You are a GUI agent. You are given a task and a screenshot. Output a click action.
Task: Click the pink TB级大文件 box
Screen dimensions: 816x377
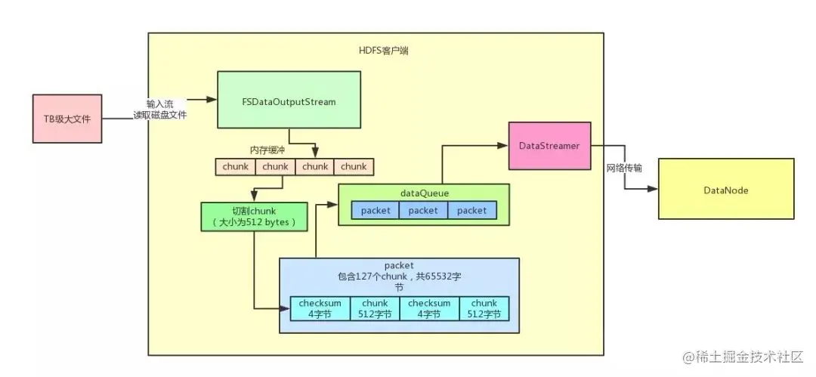tap(67, 119)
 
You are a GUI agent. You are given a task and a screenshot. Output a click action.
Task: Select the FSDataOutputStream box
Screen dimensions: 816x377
tap(289, 100)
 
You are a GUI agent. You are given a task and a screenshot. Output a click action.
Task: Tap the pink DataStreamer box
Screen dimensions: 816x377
tap(549, 146)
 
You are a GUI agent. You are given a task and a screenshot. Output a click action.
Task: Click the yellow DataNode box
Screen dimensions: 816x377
tap(726, 189)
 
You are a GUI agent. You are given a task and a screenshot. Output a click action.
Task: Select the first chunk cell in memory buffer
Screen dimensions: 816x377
tap(236, 167)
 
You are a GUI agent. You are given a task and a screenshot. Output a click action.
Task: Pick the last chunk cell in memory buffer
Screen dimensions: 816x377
tap(354, 167)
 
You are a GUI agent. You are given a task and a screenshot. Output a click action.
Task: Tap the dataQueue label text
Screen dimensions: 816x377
tap(425, 193)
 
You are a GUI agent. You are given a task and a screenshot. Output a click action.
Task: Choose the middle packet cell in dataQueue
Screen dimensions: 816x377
tap(423, 210)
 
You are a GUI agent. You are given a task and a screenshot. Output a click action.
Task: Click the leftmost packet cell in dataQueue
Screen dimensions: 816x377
tap(376, 210)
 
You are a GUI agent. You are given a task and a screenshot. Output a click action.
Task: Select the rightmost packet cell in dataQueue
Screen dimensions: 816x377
tap(472, 210)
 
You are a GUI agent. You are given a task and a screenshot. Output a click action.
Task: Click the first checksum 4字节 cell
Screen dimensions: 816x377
tap(320, 308)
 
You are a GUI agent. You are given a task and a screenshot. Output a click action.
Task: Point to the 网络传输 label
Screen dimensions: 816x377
tap(625, 168)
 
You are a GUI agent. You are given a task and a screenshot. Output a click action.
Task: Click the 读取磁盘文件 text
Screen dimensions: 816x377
tap(159, 116)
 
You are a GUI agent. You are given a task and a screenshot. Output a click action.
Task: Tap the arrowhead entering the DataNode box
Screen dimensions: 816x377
tap(653, 189)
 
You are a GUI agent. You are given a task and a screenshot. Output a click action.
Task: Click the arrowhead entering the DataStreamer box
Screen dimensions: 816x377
tap(502, 146)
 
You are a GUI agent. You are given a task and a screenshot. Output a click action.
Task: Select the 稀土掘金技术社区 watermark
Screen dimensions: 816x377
tap(744, 357)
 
